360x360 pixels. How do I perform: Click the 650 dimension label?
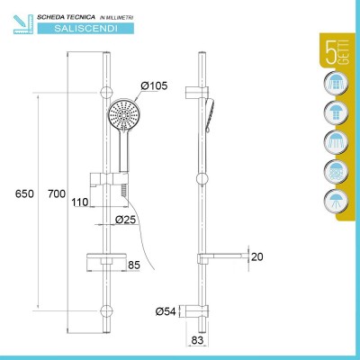[24, 193]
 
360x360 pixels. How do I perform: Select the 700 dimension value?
[57, 193]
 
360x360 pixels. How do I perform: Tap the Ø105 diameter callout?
[154, 86]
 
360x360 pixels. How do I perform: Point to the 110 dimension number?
[80, 202]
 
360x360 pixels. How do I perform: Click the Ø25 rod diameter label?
[126, 220]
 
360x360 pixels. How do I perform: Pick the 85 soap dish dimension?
[134, 265]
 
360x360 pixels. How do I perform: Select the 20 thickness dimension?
[257, 256]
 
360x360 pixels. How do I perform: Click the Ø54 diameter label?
[166, 311]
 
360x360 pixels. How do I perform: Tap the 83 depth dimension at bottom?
[197, 340]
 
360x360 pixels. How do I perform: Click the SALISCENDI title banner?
[85, 29]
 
